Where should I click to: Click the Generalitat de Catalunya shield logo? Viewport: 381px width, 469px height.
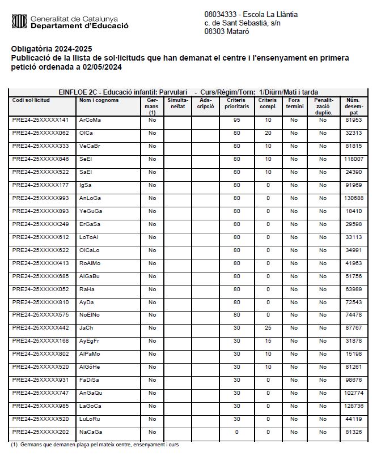pos(19,22)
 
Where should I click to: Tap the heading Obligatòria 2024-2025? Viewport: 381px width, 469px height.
pos(52,49)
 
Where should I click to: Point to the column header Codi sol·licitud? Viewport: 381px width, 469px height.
pos(31,100)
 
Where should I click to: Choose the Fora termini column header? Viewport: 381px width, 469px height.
pos(294,103)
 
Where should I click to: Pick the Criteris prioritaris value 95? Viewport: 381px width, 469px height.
pos(236,120)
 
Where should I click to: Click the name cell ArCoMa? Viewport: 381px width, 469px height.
pos(90,120)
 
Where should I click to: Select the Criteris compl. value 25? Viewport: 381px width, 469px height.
pos(268,328)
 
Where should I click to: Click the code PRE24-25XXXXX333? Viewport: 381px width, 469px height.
pos(40,146)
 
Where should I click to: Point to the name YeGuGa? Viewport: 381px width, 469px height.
pos(91,211)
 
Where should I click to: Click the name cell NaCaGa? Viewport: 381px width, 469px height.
pos(91,432)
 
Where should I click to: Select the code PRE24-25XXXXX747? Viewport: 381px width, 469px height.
pos(40,393)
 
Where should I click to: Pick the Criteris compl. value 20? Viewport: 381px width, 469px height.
pos(268,133)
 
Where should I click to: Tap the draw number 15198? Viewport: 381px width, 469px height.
pos(354,354)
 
